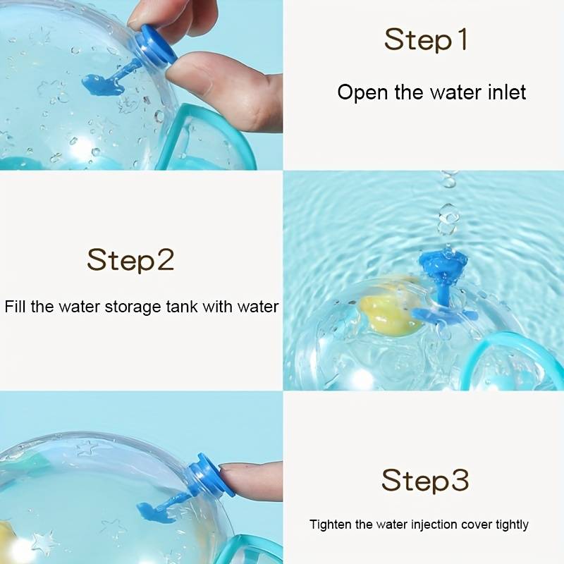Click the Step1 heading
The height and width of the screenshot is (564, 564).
click(x=427, y=40)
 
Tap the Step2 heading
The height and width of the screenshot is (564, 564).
click(x=130, y=260)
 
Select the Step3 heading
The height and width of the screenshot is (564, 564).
click(x=425, y=481)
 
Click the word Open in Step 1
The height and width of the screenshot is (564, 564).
click(x=363, y=92)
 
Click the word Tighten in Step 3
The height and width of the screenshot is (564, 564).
click(x=330, y=525)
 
